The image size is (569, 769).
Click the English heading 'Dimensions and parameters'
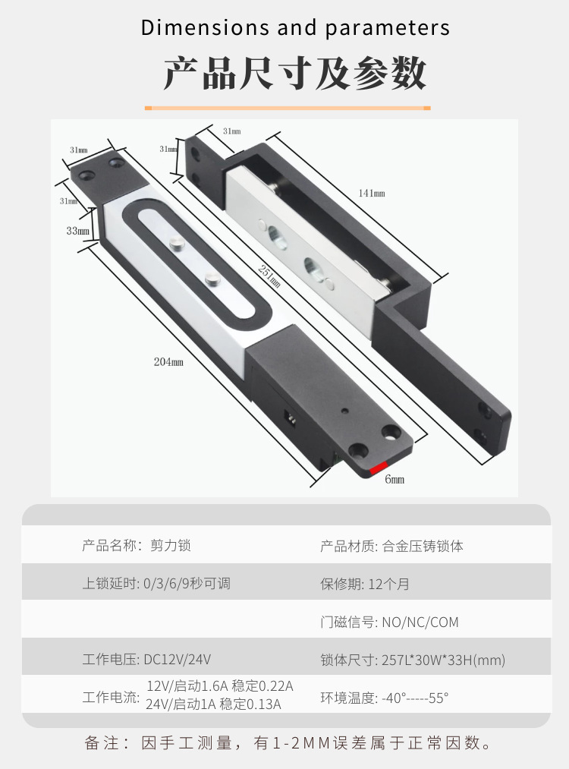coord(295,28)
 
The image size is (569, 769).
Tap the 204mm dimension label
coord(168,362)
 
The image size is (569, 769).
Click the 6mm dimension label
coord(395,479)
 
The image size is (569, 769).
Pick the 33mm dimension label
coord(77,231)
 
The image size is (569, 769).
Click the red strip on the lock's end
coord(378,468)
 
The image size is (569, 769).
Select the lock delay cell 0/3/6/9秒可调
coord(187,584)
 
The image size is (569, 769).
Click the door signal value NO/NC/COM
coord(420,622)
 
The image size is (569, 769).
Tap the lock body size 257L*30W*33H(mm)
coord(442,660)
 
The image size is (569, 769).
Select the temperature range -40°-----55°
coord(416,696)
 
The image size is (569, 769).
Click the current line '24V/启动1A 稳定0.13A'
coord(213,704)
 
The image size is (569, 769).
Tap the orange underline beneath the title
coord(288,109)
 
